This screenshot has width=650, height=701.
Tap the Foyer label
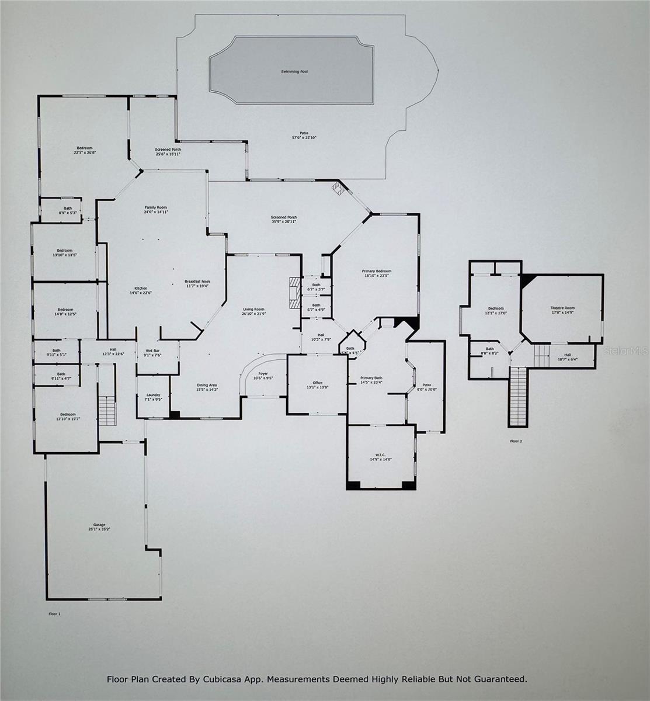pos(263,375)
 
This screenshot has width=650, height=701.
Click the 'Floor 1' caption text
pos(54,614)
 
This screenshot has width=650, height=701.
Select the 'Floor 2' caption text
pos(516,441)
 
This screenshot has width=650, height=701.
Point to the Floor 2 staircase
pos(518,396)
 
